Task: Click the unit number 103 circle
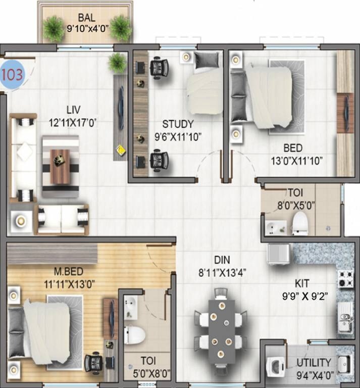pyautogui.click(x=13, y=75)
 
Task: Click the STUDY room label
pyautogui.click(x=178, y=124)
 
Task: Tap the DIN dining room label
pyautogui.click(x=222, y=260)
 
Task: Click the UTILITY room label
pyautogui.click(x=314, y=362)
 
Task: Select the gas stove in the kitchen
pyautogui.click(x=345, y=278)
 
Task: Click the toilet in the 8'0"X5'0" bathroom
pyautogui.click(x=300, y=222)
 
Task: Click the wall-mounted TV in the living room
pyautogui.click(x=121, y=106)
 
